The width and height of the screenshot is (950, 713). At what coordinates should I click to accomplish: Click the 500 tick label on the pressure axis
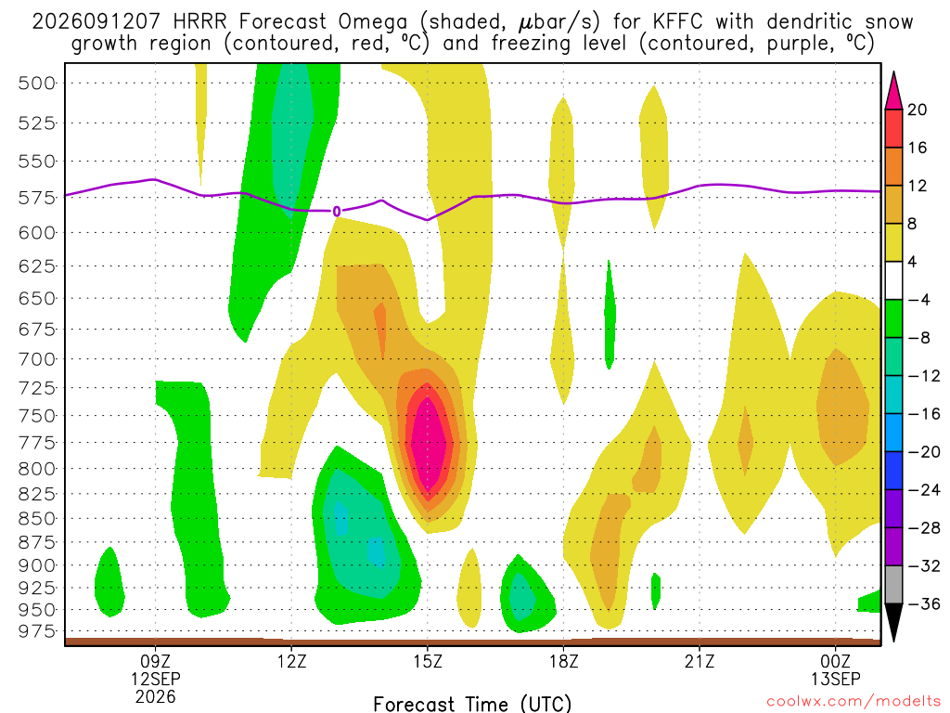[x=37, y=83]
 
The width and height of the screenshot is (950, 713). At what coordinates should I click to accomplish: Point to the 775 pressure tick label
[x=37, y=443]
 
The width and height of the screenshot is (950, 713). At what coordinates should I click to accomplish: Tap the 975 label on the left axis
[x=37, y=631]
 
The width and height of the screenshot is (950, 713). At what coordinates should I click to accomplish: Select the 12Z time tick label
[x=292, y=661]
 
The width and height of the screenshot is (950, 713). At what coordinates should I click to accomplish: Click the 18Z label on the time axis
[x=564, y=661]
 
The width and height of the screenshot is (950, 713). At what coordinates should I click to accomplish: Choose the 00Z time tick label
[x=836, y=661]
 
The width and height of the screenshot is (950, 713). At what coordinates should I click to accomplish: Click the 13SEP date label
[x=836, y=679]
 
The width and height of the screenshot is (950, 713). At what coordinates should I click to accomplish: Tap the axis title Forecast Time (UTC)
[x=472, y=704]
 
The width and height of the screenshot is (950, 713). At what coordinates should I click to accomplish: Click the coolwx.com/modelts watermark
[x=854, y=702]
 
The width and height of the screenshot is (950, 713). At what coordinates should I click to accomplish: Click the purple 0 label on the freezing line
[x=336, y=212]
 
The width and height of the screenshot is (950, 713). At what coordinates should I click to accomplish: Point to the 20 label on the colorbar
[x=917, y=110]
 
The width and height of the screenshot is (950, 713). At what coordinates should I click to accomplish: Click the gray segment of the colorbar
[x=893, y=585]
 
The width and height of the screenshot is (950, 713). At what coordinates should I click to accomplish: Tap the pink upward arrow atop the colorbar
[x=893, y=91]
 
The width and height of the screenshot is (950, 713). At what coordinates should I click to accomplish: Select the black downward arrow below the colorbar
[x=893, y=622]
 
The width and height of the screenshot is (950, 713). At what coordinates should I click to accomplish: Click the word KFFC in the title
[x=677, y=22]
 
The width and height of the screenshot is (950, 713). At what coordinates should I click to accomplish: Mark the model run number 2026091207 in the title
[x=96, y=22]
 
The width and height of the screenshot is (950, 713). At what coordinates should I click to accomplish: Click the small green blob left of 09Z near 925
[x=109, y=582]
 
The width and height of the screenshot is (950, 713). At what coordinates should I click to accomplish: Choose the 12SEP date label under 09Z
[x=156, y=679]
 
